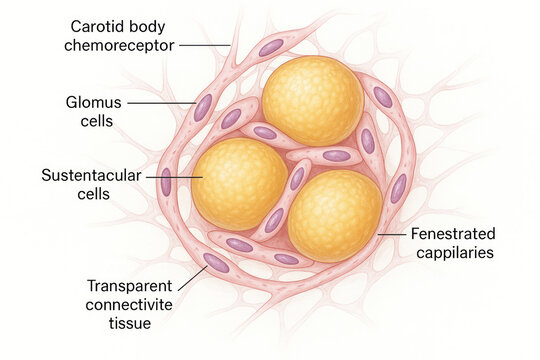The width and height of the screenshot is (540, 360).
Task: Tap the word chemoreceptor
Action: click(x=118, y=45)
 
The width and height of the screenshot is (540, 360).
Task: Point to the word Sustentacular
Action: click(x=87, y=175)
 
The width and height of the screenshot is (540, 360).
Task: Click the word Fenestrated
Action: click(x=453, y=234)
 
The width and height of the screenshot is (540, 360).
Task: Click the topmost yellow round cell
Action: click(x=312, y=101)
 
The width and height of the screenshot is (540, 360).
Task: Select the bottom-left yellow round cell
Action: click(x=239, y=183)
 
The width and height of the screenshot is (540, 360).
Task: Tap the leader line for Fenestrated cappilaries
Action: click(x=390, y=236)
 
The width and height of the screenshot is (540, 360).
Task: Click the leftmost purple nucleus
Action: click(x=166, y=182)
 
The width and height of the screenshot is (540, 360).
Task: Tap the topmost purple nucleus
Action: click(x=271, y=47)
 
